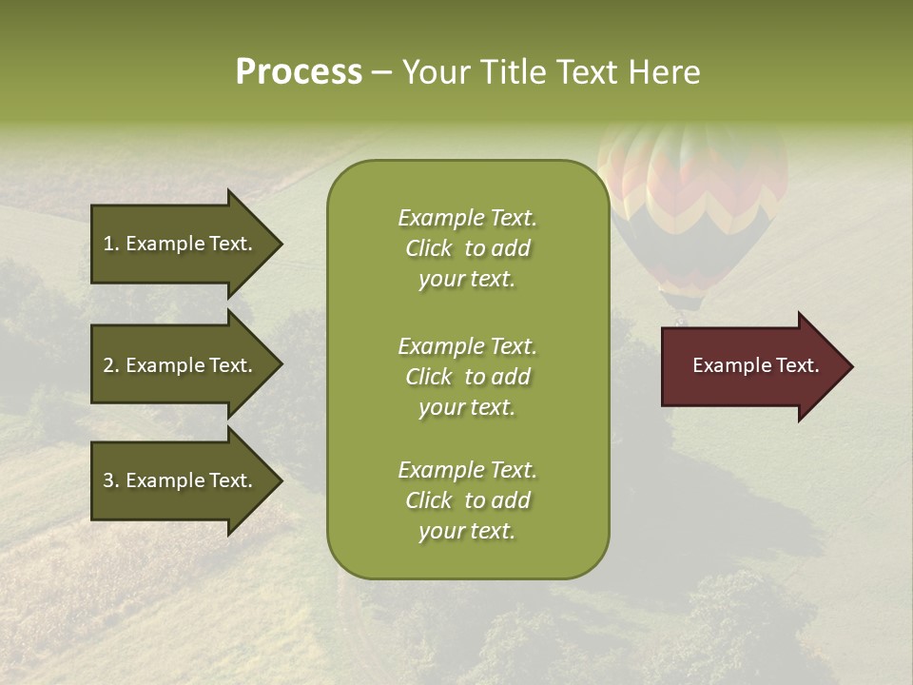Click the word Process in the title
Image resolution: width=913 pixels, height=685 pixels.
click(x=299, y=72)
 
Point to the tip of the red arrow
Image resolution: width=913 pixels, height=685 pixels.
click(x=850, y=366)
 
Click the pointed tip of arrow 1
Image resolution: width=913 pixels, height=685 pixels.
click(x=280, y=244)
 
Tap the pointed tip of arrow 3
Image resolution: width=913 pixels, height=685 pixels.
click(x=280, y=480)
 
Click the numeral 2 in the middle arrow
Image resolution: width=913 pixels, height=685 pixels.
click(x=108, y=365)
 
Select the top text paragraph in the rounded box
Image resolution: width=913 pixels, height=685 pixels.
click(x=467, y=248)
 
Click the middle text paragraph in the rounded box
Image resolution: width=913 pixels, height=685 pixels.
click(x=467, y=377)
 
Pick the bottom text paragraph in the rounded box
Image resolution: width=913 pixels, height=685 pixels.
click(x=467, y=500)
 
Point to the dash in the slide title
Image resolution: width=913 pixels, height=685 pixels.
click(x=382, y=72)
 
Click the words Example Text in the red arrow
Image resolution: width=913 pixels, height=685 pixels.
click(x=756, y=365)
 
